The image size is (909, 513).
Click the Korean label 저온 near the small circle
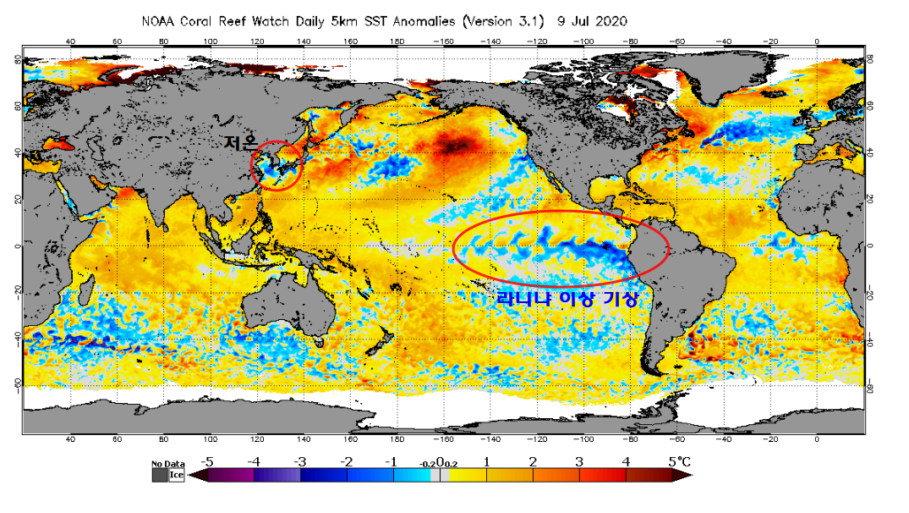pos(241,144)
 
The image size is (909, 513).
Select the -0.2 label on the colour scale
pos(426,464)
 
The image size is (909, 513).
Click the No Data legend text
pos(167,465)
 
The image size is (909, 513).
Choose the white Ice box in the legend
pos(176,475)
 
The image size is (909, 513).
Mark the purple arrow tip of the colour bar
pos(194,475)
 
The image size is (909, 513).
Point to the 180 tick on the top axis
pos(396,41)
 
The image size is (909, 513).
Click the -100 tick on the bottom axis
pos(582,439)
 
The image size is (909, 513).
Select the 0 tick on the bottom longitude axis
pos(816,439)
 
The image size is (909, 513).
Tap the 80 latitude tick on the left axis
pos(17,58)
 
